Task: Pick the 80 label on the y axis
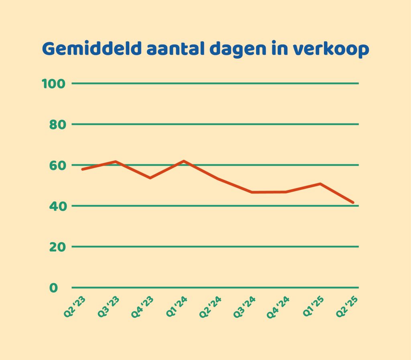point(57,124)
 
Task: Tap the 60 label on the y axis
point(57,165)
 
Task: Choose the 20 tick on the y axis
point(57,247)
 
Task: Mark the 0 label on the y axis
point(54,288)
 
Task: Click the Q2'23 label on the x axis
point(75,308)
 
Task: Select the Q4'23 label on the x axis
point(143,308)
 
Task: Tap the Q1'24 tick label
point(177,308)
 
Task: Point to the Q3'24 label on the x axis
point(245,308)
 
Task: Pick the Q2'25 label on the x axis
point(347,308)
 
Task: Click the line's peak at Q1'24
point(183,161)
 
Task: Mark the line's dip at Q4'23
point(150,178)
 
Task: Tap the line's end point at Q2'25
point(353,202)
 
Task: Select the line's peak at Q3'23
point(116,162)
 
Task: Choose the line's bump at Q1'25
point(320,184)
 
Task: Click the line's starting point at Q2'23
point(82,169)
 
